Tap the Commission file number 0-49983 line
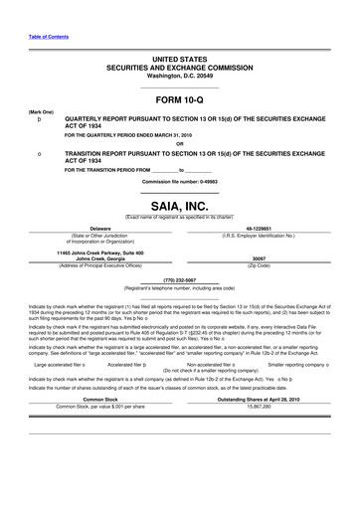(x=179, y=184)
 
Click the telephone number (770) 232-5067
(x=179, y=280)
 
